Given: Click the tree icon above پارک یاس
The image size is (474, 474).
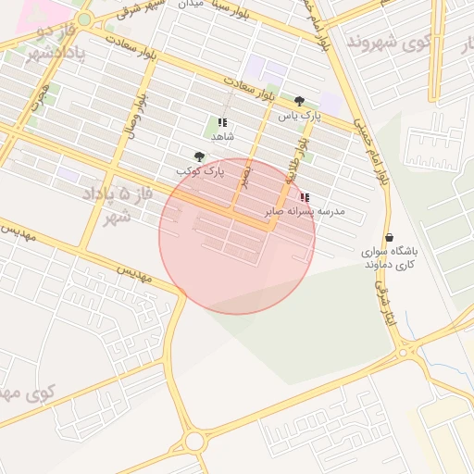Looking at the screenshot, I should pyautogui.click(x=298, y=101).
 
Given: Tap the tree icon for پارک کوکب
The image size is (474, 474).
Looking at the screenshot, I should pyautogui.click(x=199, y=156).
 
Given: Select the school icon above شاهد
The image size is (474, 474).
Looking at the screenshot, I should pyautogui.click(x=222, y=122).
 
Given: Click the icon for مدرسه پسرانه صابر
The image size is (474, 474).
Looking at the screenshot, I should pyautogui.click(x=305, y=197).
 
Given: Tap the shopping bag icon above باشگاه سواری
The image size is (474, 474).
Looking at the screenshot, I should pyautogui.click(x=388, y=237).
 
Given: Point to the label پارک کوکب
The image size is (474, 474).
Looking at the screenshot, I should pyautogui.click(x=200, y=172).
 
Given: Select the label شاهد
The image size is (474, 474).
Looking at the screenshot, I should pyautogui.click(x=222, y=136).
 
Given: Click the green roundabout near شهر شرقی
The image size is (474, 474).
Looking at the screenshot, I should pyautogui.click(x=84, y=19).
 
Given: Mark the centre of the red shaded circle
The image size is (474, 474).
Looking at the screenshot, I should pyautogui.click(x=237, y=235).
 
